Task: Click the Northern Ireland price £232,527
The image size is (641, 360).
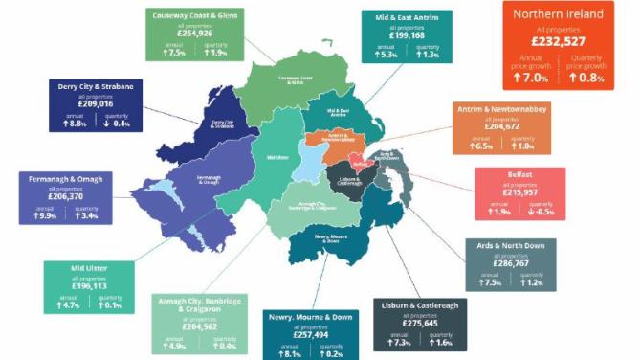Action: point(558,42)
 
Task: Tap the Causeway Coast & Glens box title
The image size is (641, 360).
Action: point(193,15)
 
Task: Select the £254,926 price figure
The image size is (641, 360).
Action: point(193,34)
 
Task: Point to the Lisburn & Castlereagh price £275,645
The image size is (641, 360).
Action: point(413,324)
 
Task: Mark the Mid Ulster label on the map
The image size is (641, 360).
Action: point(276,156)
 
